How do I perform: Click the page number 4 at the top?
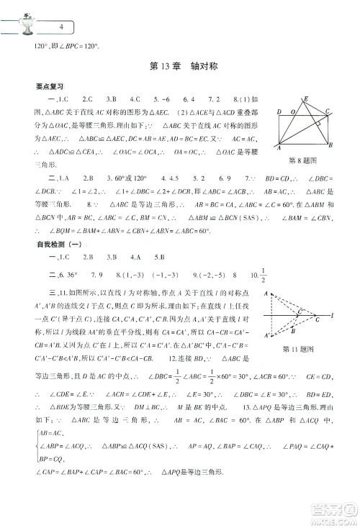click(62, 26)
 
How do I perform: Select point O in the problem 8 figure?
click(292, 113)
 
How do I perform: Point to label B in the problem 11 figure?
click(292, 332)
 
